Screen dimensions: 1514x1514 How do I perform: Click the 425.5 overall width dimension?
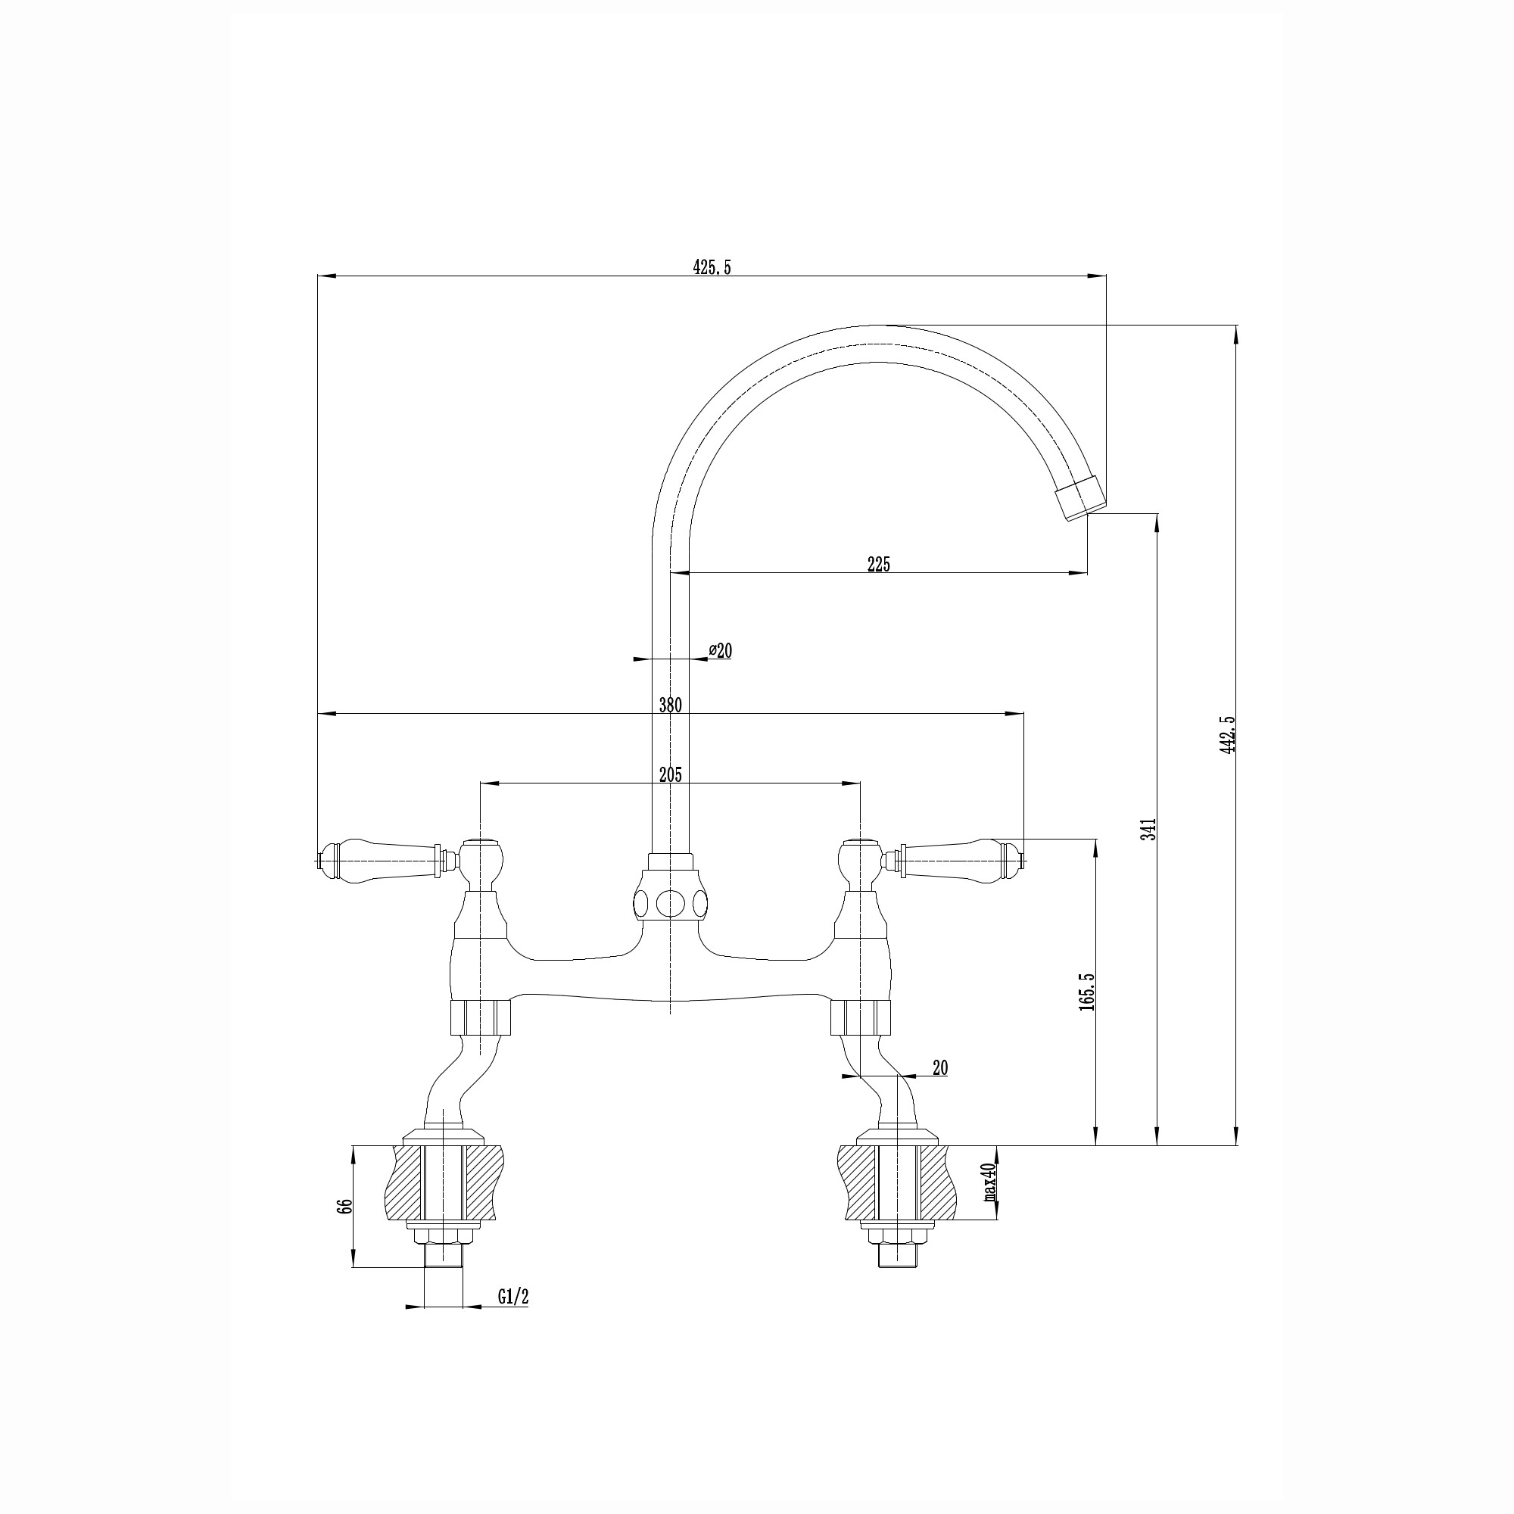pos(712,267)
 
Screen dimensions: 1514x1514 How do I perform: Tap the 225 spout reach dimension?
pos(878,563)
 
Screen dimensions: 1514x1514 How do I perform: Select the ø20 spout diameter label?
pos(720,650)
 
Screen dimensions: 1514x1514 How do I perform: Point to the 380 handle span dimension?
pos(670,705)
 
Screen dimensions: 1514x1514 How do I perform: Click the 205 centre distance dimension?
pos(670,775)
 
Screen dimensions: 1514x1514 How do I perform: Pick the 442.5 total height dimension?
pos(1227,734)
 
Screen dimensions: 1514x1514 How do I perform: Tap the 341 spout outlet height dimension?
pos(1149,829)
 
